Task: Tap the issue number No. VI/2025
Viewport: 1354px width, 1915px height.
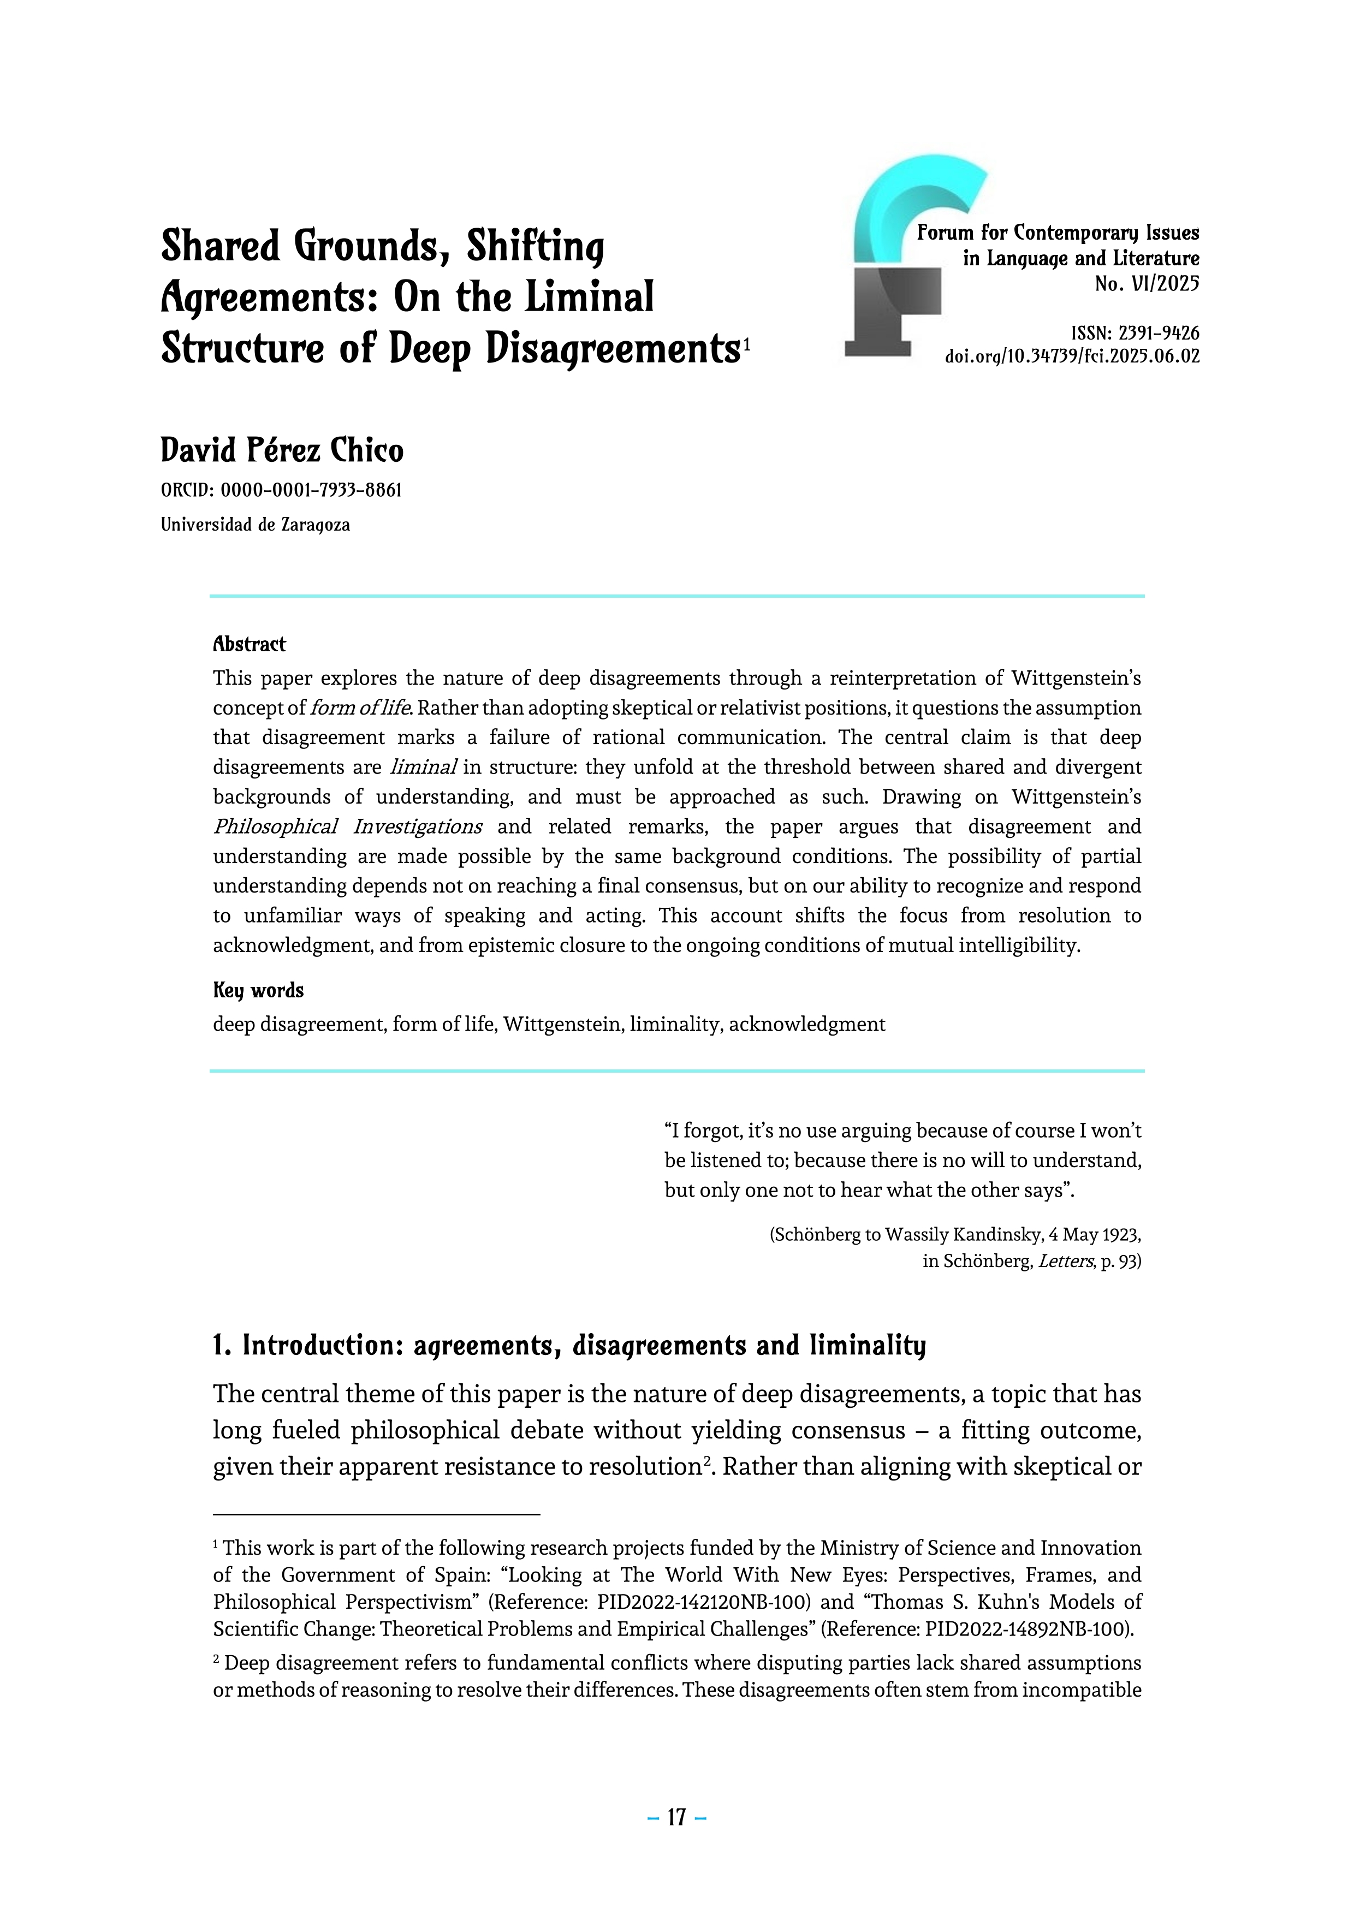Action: (1147, 284)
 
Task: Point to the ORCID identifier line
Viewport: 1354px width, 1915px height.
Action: (281, 490)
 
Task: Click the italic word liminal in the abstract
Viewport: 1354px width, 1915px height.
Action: (423, 768)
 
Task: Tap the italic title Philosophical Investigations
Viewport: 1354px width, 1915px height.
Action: (347, 826)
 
